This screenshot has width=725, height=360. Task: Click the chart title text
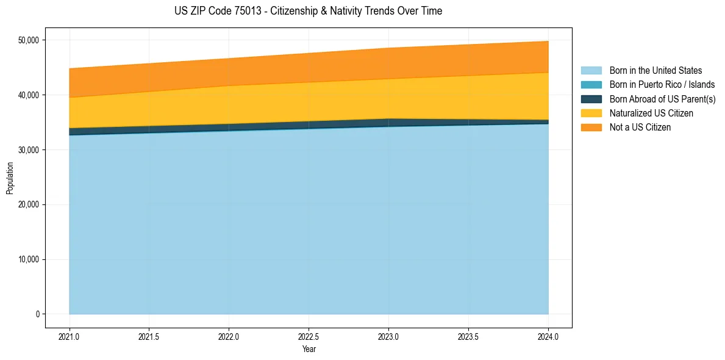tap(308, 11)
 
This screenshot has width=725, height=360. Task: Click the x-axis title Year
tap(309, 350)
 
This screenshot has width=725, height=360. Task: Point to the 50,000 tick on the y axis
tap(28, 40)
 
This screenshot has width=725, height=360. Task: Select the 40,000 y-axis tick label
tap(28, 95)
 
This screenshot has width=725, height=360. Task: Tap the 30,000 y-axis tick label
tap(28, 150)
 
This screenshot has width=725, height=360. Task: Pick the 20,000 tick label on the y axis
tap(28, 204)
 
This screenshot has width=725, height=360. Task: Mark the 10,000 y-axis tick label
tap(28, 259)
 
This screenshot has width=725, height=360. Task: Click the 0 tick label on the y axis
tap(37, 314)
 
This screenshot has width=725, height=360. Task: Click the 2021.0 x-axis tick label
tap(70, 336)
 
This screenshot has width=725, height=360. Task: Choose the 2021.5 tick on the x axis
tap(149, 336)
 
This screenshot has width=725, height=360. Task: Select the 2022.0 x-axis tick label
tap(229, 336)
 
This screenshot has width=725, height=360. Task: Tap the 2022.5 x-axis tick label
tap(309, 336)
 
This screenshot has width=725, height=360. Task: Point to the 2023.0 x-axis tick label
tap(389, 336)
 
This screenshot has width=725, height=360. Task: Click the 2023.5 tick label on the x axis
tap(468, 336)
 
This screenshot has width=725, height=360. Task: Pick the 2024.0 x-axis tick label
tap(548, 336)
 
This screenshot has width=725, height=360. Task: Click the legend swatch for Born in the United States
tap(591, 71)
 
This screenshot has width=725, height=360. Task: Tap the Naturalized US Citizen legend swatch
tap(591, 113)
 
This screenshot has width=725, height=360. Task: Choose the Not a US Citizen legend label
tap(640, 128)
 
